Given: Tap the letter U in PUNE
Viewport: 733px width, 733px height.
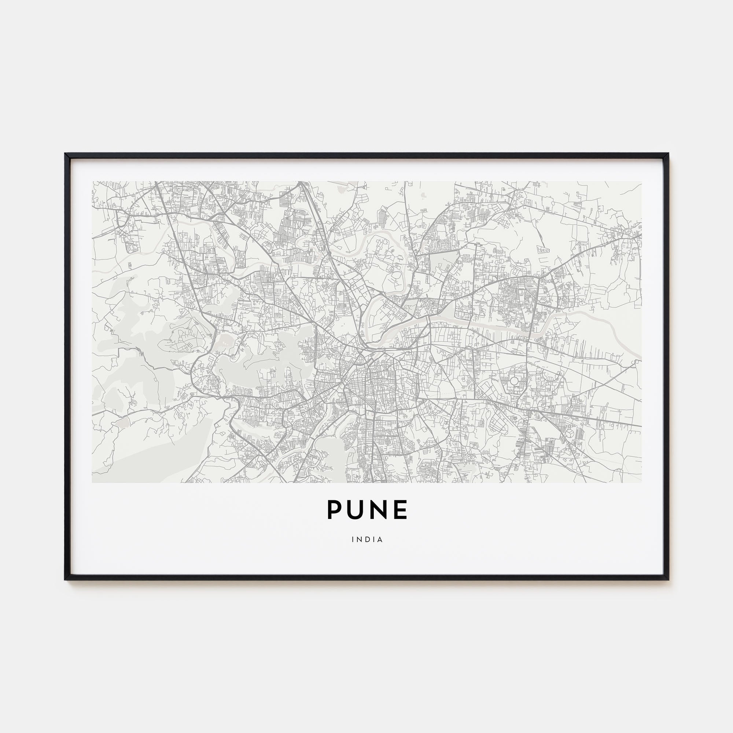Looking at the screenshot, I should click(357, 509).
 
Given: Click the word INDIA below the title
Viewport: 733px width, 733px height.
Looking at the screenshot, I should click(367, 539).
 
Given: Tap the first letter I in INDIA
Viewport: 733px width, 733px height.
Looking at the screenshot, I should click(353, 539).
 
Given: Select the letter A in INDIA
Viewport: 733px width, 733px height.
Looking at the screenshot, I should click(380, 539).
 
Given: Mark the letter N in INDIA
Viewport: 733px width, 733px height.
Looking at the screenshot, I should click(359, 539).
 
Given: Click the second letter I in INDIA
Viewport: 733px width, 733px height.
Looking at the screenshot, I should click(374, 539).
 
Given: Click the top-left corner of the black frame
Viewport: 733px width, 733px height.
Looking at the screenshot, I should click(66, 154).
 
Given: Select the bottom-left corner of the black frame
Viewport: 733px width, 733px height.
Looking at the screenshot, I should click(66, 579).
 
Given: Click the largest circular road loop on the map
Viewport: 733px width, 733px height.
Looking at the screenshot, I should click(514, 380).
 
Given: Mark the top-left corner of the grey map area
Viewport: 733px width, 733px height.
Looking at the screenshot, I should click(92, 181).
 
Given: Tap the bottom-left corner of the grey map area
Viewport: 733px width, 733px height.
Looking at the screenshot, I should click(92, 483).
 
